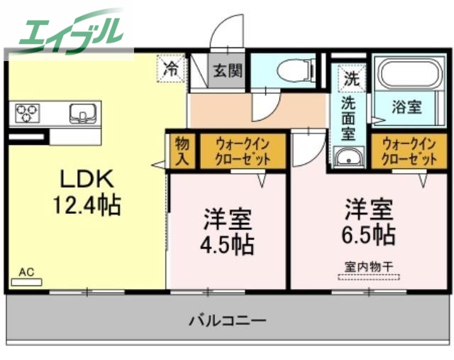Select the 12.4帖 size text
(x=86, y=206)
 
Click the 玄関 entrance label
(x=227, y=71)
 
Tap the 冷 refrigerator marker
(x=172, y=69)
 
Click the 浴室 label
(x=407, y=108)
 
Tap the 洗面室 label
(x=348, y=118)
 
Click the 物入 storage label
(x=181, y=151)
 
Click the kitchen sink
(x=82, y=112)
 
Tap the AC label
(x=26, y=272)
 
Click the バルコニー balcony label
(x=227, y=320)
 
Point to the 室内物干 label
(x=369, y=267)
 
